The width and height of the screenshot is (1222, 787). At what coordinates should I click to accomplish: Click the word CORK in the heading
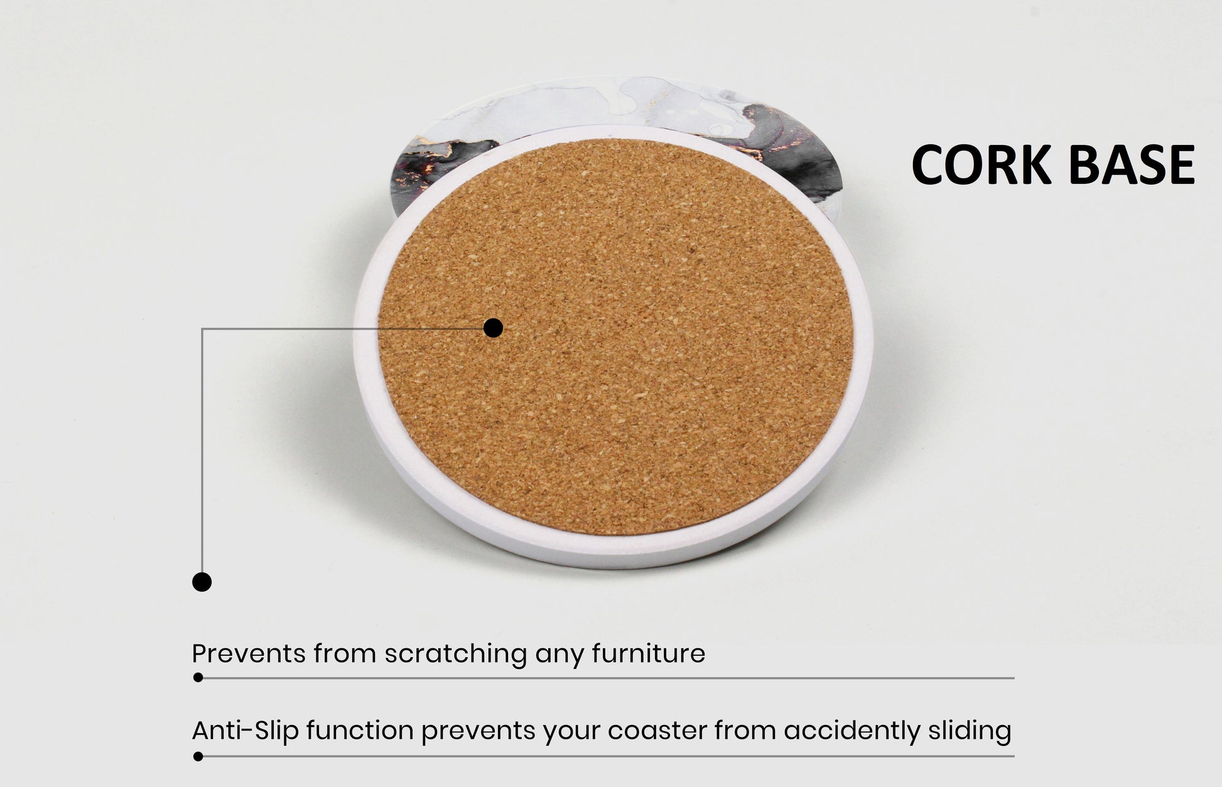981,164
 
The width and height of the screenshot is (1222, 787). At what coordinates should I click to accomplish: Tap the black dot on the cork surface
494,328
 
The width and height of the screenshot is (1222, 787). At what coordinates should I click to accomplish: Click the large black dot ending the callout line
202,582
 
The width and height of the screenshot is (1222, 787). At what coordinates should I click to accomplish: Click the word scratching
455,655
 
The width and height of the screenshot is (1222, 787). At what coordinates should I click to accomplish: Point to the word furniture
649,653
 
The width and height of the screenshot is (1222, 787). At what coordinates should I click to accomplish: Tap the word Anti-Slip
246,731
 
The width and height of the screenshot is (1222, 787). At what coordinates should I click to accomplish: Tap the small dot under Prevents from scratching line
198,678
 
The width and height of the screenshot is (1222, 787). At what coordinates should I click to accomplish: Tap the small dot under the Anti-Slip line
198,756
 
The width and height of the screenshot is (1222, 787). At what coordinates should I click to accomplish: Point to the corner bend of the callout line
202,328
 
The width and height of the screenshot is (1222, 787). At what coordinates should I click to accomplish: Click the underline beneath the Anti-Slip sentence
606,756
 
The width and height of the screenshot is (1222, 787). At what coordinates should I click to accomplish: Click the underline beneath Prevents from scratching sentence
606,678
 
